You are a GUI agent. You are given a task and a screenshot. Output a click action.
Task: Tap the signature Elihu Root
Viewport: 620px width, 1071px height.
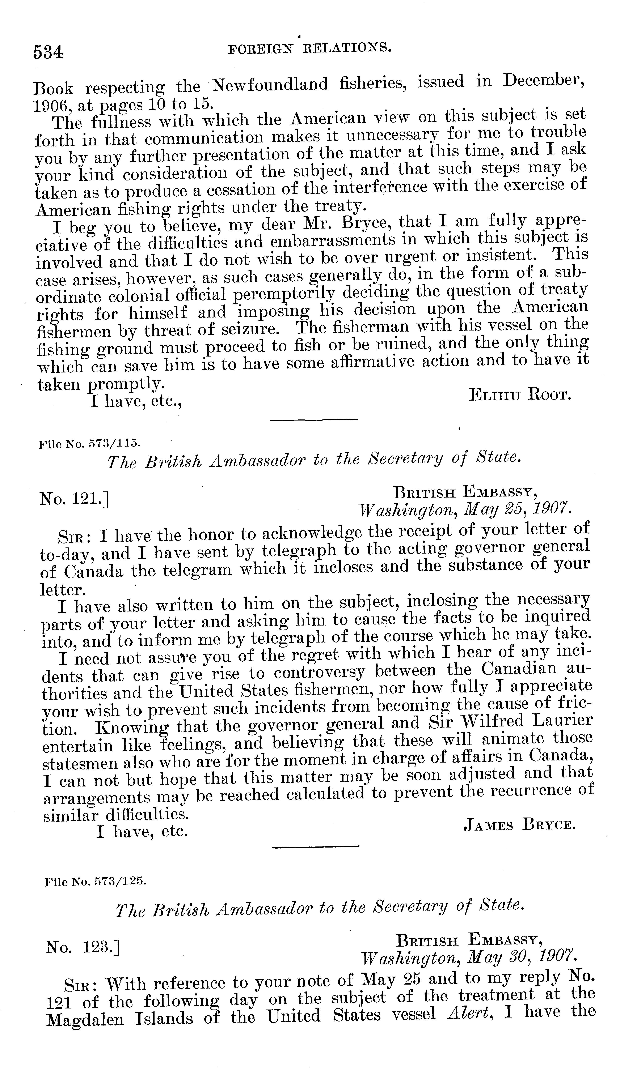[520, 395]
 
